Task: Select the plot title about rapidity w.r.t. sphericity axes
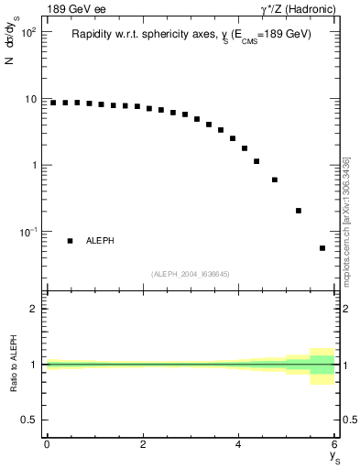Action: click(191, 35)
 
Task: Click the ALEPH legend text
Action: click(100, 241)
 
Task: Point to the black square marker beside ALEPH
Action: click(71, 241)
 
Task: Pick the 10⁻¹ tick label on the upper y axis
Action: click(27, 232)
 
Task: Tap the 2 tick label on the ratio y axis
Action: click(34, 309)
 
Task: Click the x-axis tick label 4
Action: click(238, 443)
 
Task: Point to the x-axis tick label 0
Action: click(47, 443)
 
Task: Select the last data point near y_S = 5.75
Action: click(322, 248)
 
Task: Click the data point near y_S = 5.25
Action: click(299, 211)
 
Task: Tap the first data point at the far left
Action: click(53, 103)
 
